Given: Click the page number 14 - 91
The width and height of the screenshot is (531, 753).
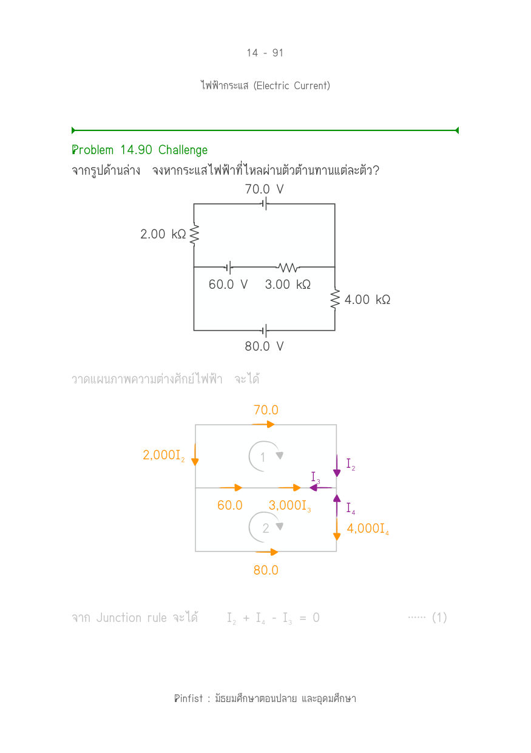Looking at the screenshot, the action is tap(265, 53).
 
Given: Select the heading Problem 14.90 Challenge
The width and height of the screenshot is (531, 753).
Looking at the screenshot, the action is tap(140, 150).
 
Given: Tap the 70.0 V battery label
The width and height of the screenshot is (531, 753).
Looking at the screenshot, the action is tap(265, 189).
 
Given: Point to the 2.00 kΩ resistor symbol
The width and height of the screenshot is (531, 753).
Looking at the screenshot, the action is tap(194, 235).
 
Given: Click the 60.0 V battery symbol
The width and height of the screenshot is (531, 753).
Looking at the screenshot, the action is tap(229, 267).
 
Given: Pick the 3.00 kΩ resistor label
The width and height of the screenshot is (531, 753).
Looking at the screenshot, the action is tap(288, 285).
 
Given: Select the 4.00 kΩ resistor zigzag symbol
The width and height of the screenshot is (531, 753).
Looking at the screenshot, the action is tap(335, 299).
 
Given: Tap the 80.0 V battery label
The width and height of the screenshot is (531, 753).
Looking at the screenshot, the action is tap(265, 346).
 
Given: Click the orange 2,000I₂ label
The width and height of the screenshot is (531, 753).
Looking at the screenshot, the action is tap(164, 455).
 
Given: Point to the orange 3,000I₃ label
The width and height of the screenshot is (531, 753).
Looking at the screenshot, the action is tap(289, 505).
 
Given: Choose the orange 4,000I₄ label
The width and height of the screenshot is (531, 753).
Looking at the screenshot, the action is tap(368, 528).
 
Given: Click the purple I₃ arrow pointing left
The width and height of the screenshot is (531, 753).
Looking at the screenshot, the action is tap(320, 487).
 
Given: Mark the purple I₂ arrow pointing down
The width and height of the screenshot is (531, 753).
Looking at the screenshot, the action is tap(337, 465).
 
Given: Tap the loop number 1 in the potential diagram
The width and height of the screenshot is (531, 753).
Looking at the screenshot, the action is tap(263, 457).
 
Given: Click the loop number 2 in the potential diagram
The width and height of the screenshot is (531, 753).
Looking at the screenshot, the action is tap(266, 528).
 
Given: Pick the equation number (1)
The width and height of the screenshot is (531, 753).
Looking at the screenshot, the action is tap(439, 618).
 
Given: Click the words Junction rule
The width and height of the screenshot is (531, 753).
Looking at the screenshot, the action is tap(132, 618).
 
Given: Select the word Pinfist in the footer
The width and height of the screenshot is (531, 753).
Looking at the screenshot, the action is tap(189, 698).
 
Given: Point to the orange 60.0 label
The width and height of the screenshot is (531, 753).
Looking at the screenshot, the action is tap(229, 505).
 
